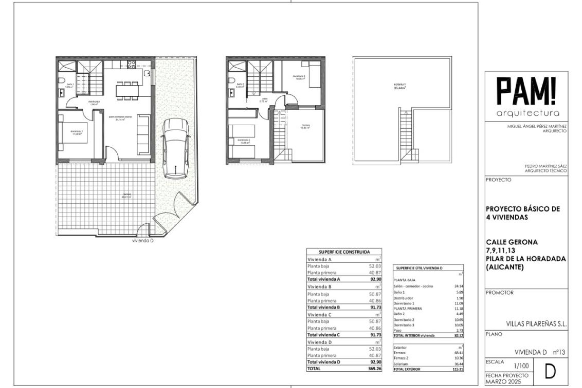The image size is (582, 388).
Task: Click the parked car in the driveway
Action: tap(176, 149)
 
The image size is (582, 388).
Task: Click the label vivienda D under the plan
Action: tap(143, 241)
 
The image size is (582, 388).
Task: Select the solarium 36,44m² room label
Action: tap(400, 86)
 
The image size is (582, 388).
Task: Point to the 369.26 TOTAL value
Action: tap(375, 369)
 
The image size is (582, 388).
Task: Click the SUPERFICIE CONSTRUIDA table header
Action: tap(344, 252)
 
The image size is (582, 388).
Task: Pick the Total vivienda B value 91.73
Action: tap(376, 307)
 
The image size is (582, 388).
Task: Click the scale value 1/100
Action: tap(521, 366)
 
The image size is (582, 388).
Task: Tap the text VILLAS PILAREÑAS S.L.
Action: tap(536, 324)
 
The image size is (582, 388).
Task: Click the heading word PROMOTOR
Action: tap(500, 293)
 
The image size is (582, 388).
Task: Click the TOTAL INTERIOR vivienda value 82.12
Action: tap(459, 336)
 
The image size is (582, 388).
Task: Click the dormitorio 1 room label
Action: tap(76, 132)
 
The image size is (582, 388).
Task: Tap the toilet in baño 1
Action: tap(62, 81)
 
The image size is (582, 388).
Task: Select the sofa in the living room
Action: tap(143, 134)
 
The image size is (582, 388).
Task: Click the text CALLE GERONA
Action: tap(512, 242)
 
